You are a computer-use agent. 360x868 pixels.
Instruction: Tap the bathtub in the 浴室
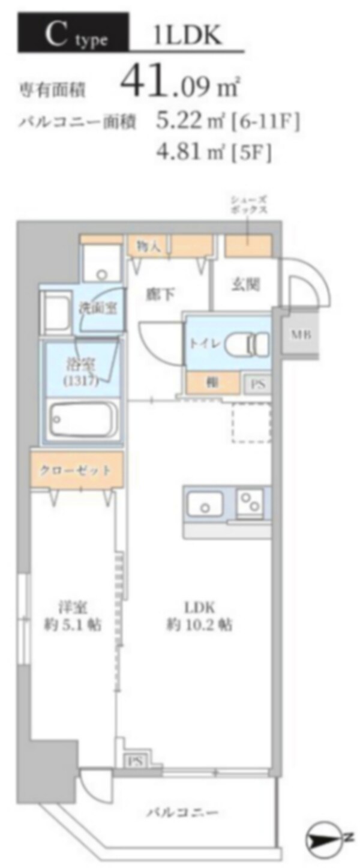(x=82, y=421)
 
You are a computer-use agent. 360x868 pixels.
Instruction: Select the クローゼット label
(x=77, y=470)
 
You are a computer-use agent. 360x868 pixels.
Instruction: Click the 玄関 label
(x=245, y=285)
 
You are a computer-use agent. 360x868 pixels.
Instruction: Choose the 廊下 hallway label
(x=160, y=294)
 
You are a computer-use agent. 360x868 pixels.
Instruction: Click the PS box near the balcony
(x=134, y=761)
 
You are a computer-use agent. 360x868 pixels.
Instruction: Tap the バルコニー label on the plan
(x=182, y=813)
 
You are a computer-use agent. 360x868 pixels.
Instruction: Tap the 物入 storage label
(x=148, y=246)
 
